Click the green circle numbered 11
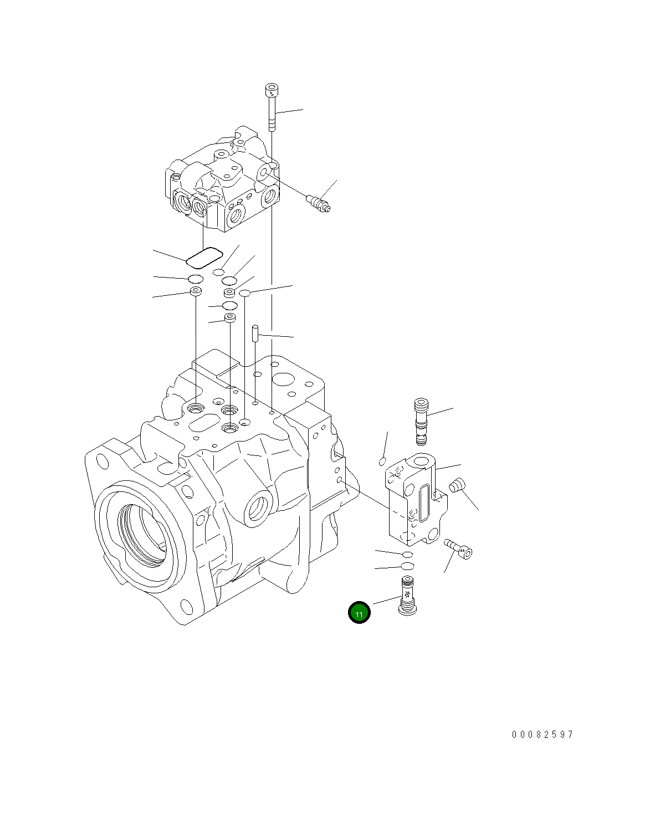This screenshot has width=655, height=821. [359, 613]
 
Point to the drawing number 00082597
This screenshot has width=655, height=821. [543, 735]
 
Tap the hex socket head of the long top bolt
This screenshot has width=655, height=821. [272, 89]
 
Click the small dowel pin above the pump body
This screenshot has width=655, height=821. [255, 334]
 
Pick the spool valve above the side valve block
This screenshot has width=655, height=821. [422, 420]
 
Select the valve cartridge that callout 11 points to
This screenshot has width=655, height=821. [408, 596]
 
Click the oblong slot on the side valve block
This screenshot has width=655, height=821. [424, 502]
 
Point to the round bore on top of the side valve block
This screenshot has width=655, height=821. [421, 460]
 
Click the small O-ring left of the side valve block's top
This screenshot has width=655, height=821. [382, 461]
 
